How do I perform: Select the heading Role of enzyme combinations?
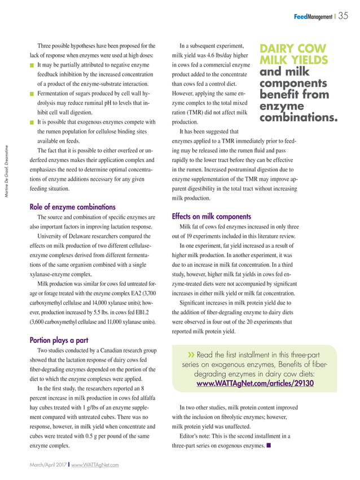[x=72, y=206]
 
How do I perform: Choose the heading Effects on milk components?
[x=210, y=216]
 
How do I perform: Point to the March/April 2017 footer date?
[x=47, y=464]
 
